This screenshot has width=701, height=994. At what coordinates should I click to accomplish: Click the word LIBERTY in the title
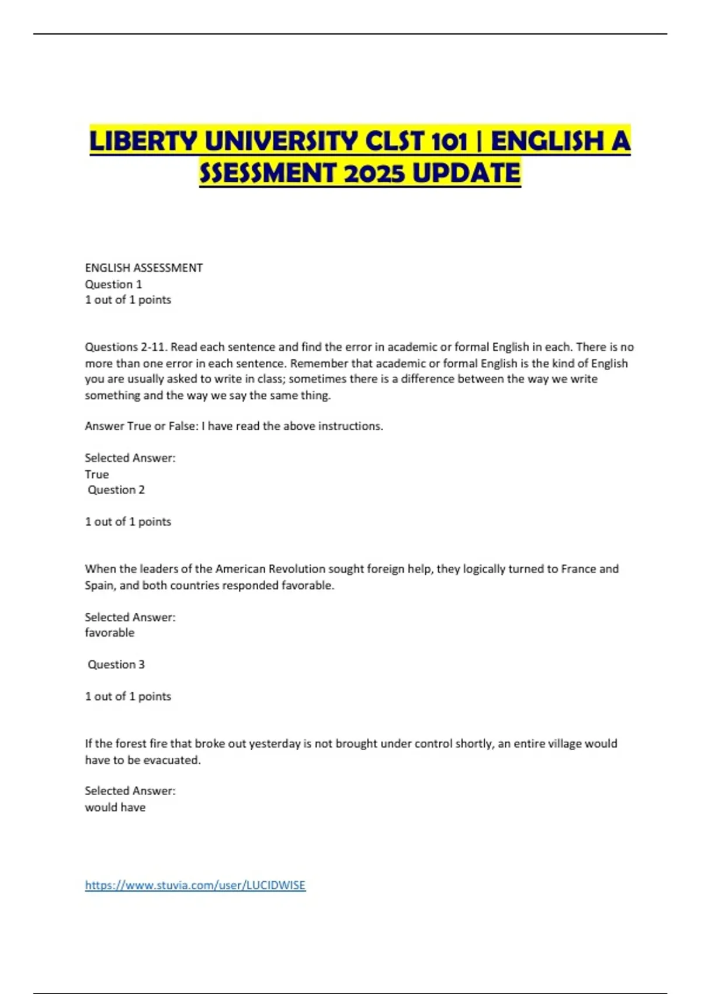click(143, 141)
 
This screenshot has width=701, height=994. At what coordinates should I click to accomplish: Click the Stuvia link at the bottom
click(195, 885)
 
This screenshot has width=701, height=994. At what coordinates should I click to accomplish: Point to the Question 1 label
click(113, 284)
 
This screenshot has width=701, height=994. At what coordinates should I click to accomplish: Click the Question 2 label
click(116, 490)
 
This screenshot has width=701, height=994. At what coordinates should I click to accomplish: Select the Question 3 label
click(116, 664)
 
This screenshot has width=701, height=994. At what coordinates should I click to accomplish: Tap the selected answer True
click(96, 474)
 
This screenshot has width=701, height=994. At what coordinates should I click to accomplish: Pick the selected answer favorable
click(109, 633)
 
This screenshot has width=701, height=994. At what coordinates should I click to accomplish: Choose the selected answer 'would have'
click(115, 807)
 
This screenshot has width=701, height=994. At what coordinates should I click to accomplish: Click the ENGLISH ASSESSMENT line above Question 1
click(144, 268)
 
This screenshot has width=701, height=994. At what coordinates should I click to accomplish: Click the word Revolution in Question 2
click(296, 569)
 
